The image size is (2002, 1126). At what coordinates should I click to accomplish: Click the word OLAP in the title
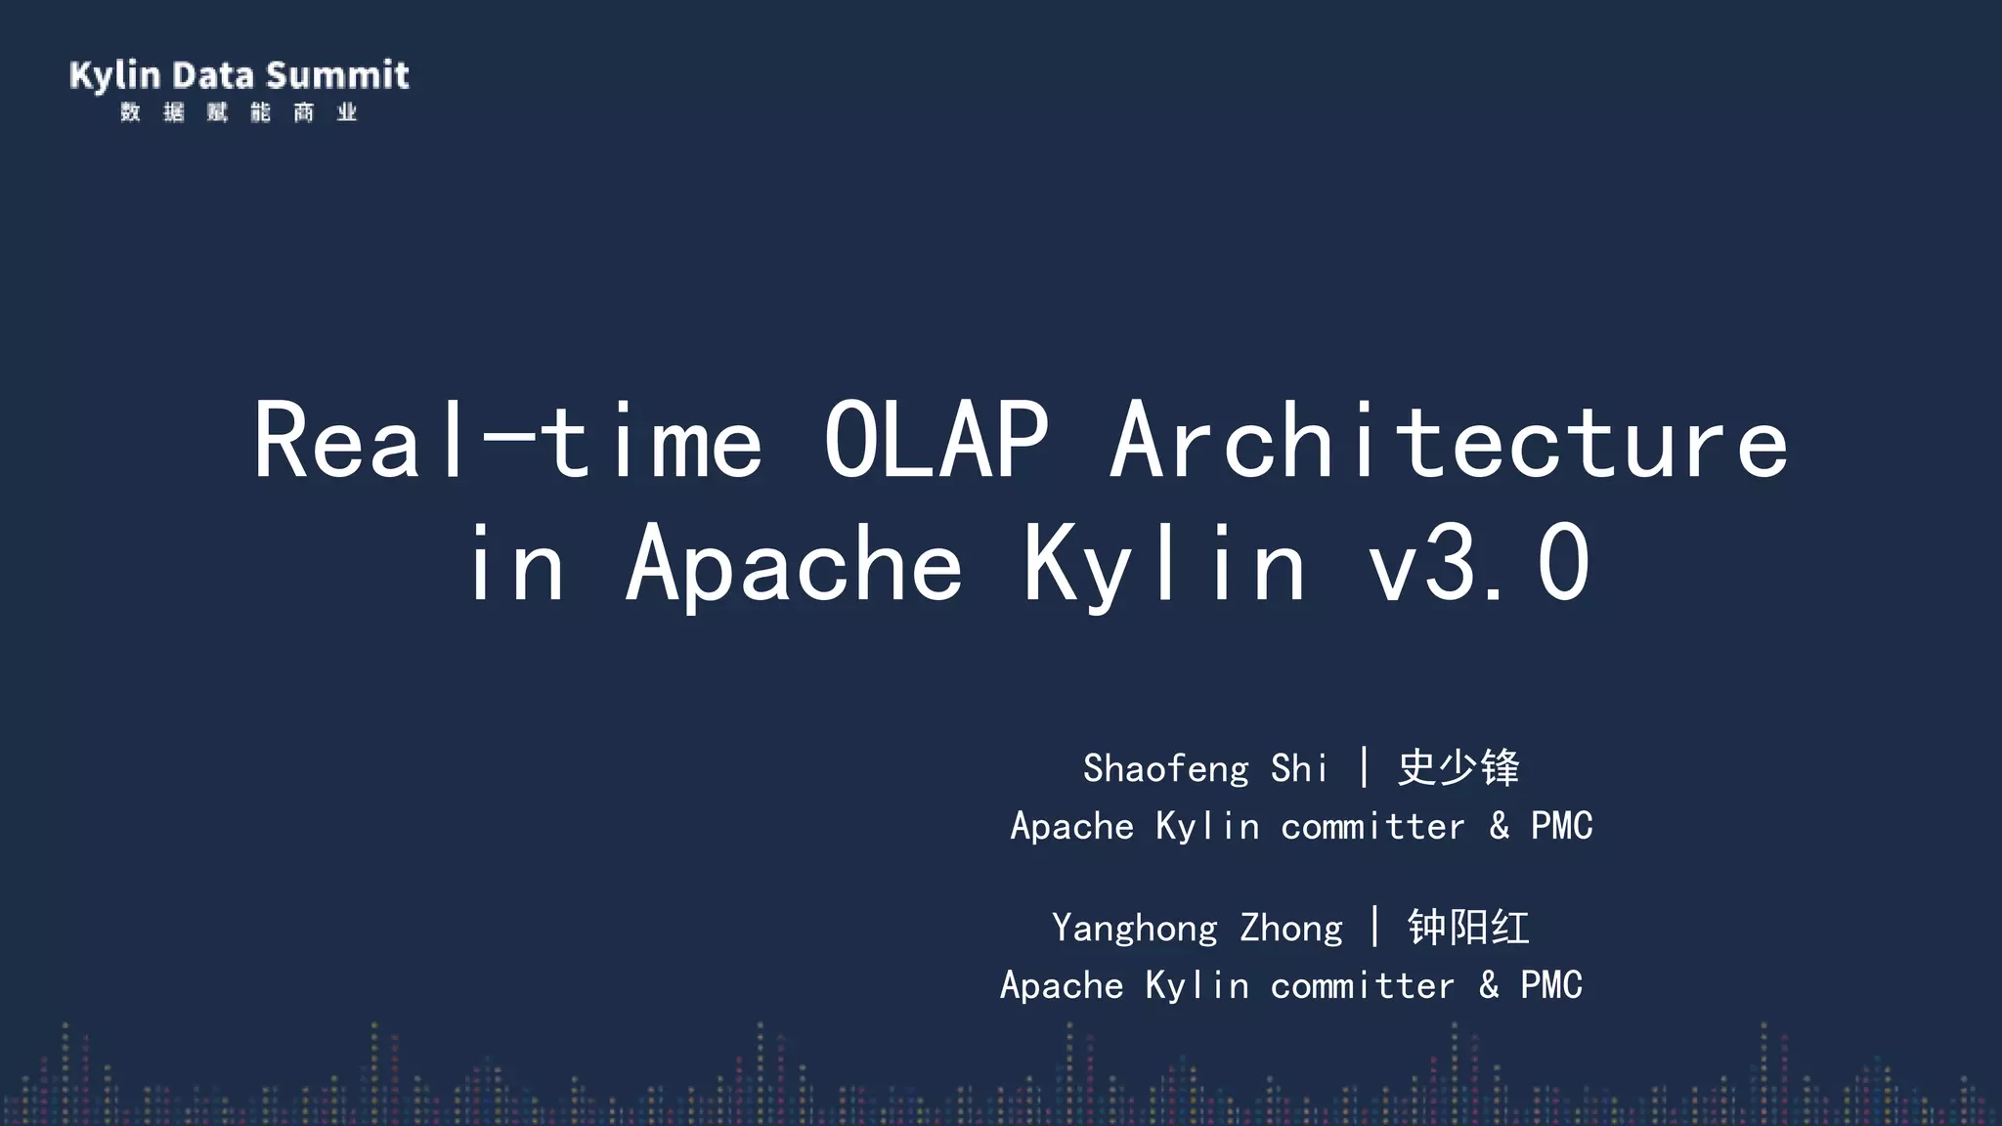pyautogui.click(x=936, y=441)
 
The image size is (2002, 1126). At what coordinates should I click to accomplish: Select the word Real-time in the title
pyautogui.click(x=507, y=441)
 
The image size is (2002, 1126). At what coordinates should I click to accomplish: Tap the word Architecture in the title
pyautogui.click(x=1449, y=441)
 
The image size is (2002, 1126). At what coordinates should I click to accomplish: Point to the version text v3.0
pyautogui.click(x=1478, y=564)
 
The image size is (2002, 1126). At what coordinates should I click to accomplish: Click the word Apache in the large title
pyautogui.click(x=794, y=564)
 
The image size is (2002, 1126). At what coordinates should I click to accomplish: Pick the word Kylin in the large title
pyautogui.click(x=1164, y=564)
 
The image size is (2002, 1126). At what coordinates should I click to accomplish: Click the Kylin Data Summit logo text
pyautogui.click(x=239, y=75)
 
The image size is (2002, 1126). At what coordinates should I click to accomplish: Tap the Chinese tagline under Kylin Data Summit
pyautogui.click(x=239, y=112)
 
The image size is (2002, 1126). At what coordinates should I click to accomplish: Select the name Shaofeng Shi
pyautogui.click(x=1204, y=768)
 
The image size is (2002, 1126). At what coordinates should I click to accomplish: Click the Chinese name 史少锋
pyautogui.click(x=1458, y=767)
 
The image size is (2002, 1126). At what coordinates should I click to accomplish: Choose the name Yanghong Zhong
pyautogui.click(x=1197, y=928)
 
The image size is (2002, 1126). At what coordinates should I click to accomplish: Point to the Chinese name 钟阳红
pyautogui.click(x=1468, y=927)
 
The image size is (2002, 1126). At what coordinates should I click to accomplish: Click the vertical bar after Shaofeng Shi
pyautogui.click(x=1364, y=767)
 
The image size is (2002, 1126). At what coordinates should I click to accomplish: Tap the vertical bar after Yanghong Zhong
pyautogui.click(x=1374, y=927)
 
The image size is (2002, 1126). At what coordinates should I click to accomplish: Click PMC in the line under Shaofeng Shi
pyautogui.click(x=1561, y=826)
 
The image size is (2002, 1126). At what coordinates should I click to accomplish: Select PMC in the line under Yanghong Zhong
pyautogui.click(x=1550, y=985)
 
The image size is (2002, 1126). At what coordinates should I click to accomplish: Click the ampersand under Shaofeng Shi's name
pyautogui.click(x=1499, y=826)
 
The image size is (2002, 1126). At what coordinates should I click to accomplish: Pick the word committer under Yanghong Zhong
pyautogui.click(x=1362, y=985)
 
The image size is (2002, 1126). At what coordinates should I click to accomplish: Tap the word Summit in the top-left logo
pyautogui.click(x=337, y=75)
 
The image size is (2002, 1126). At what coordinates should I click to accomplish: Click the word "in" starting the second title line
pyautogui.click(x=515, y=564)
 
